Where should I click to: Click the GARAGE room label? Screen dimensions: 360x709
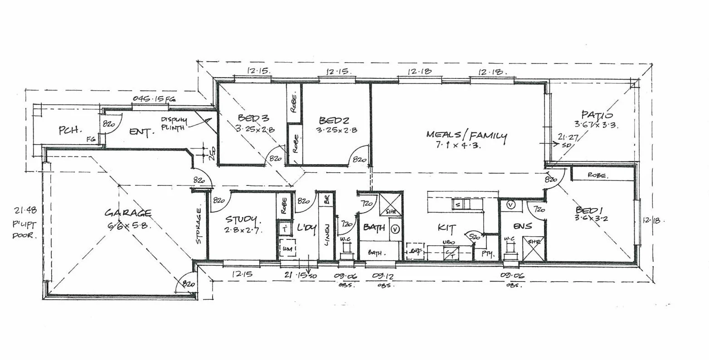[x=128, y=213]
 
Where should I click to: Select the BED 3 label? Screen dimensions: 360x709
[x=253, y=118]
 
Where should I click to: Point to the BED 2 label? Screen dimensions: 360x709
[x=334, y=120]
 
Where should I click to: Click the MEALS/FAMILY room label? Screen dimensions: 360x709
[x=466, y=135]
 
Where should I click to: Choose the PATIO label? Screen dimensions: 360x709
[x=597, y=115]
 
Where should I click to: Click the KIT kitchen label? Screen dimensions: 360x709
[x=447, y=228]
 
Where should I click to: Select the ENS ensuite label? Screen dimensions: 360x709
[x=522, y=226]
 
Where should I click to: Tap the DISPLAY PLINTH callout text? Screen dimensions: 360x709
[x=173, y=124]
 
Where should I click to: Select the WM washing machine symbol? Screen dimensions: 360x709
[x=287, y=249]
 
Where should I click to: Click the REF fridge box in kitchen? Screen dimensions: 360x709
[x=414, y=251]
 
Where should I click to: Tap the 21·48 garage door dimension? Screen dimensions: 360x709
[x=25, y=210]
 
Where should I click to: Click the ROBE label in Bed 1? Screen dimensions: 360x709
[x=597, y=175]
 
